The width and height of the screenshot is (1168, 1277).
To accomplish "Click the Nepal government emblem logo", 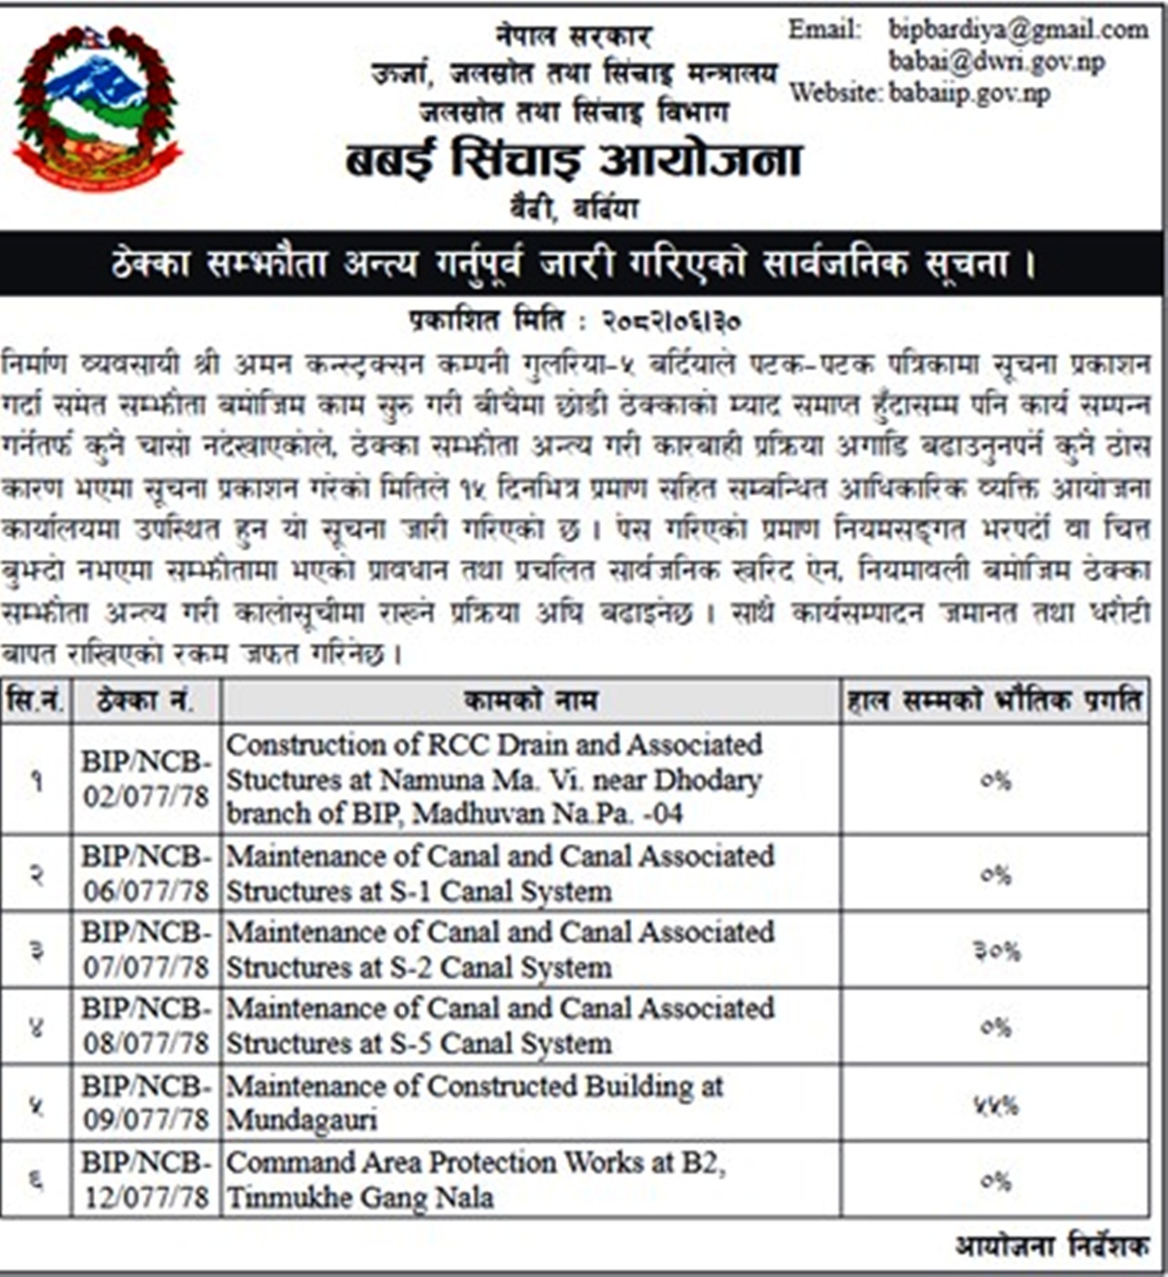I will coord(97,108).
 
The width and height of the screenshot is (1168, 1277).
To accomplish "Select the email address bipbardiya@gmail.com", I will coord(1018,30).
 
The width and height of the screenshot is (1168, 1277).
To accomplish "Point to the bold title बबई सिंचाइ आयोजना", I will coord(574,160).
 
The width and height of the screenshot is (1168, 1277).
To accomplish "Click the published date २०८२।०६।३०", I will coord(671,321).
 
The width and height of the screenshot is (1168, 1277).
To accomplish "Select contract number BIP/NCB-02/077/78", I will coord(146,779).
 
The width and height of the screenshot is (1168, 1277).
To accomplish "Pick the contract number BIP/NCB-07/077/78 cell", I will coord(146,950).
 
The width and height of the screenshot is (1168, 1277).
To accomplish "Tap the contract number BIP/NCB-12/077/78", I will coord(146,1179).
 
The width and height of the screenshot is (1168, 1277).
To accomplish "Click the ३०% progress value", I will coord(997,951).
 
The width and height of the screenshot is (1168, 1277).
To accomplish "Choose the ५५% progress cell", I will coord(997,1106).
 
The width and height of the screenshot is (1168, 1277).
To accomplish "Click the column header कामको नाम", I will coord(530,701).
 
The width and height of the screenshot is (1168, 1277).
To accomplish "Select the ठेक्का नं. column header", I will coord(145,701).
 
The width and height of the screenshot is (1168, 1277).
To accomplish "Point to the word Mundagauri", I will coord(302,1120).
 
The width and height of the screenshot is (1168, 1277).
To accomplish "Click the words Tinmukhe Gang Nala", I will coord(360,1197).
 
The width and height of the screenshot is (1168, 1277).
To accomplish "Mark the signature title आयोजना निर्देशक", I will coord(1051,1245).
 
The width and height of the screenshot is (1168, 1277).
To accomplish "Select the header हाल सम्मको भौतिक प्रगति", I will coord(994,701).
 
